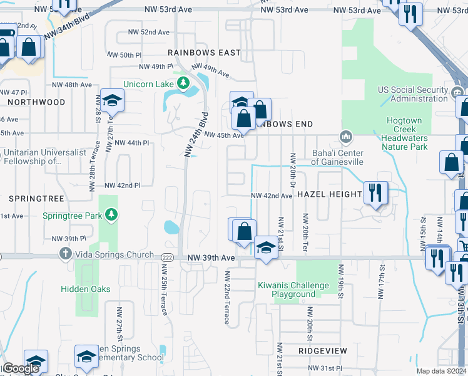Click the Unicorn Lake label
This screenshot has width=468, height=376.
[x=148, y=84]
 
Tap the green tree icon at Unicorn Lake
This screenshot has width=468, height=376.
[x=183, y=83]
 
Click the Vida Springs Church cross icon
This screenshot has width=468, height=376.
[x=64, y=254]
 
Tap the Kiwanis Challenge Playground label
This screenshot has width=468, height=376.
[x=293, y=290]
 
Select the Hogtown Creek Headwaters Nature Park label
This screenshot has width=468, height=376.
[x=404, y=133]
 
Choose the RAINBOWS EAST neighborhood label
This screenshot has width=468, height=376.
[x=204, y=53]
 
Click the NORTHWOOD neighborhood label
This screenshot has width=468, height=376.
[x=36, y=102]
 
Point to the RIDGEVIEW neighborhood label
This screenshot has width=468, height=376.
[x=318, y=351]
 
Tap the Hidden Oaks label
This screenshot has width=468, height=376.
[x=86, y=289]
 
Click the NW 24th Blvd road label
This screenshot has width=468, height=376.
[x=196, y=133]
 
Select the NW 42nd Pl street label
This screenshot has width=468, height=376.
[x=122, y=185]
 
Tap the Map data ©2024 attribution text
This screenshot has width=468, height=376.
[x=441, y=371]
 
